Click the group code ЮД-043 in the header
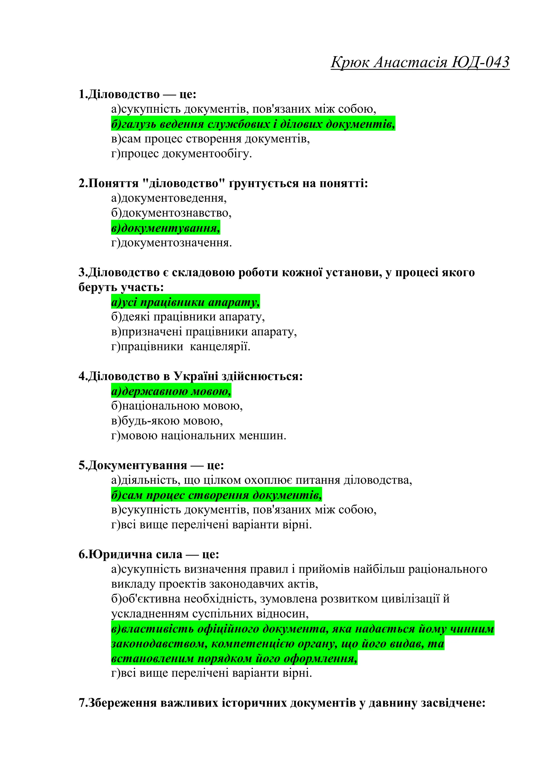pyautogui.click(x=480, y=62)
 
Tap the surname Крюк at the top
pyautogui.click(x=350, y=62)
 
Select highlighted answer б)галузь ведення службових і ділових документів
pyautogui.click(x=253, y=124)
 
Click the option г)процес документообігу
pyautogui.click(x=181, y=154)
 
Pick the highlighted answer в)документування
pyautogui.click(x=166, y=228)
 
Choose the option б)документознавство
pyautogui.click(x=171, y=213)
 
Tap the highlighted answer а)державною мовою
pyautogui.click(x=171, y=391)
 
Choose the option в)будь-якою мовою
pyautogui.click(x=167, y=421)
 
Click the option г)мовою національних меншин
pyautogui.click(x=198, y=436)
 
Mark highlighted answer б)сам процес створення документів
pyautogui.click(x=216, y=495)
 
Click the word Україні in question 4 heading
pyautogui.click(x=195, y=376)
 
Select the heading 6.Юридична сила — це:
pyautogui.click(x=149, y=555)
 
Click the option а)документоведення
pyautogui.click(x=169, y=198)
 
